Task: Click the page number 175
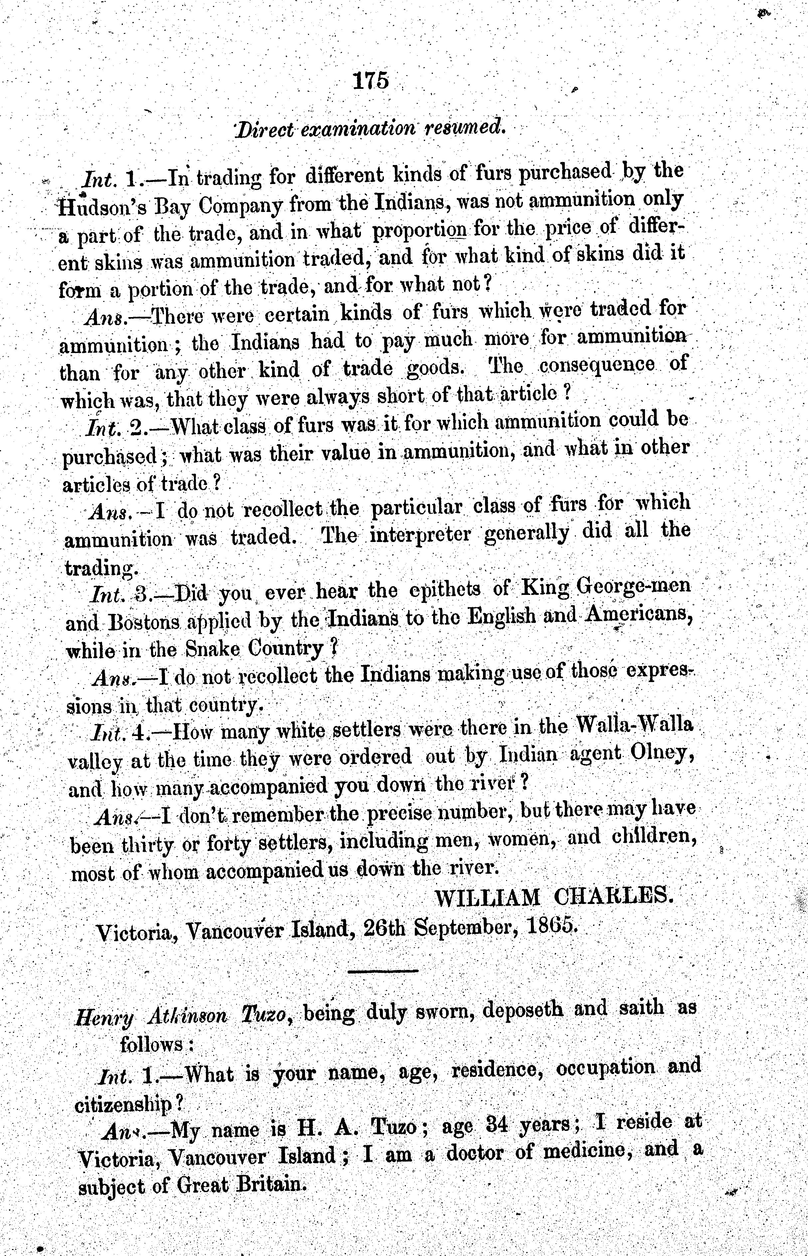tap(371, 81)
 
